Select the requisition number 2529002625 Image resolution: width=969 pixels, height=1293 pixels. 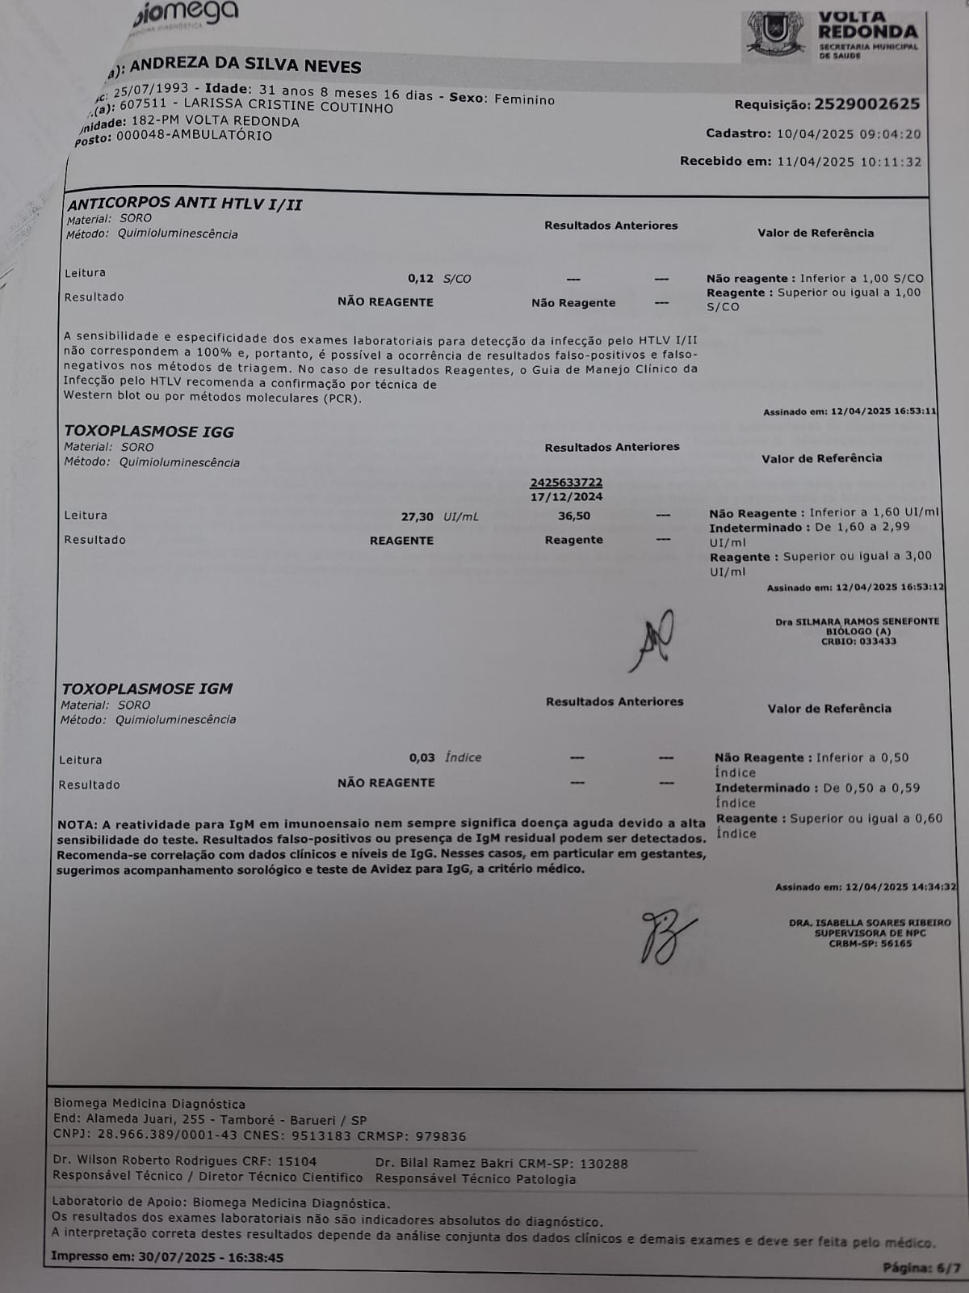coord(867,104)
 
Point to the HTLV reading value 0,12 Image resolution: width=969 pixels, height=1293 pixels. coord(421,279)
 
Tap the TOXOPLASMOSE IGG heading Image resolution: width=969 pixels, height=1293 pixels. coord(149,432)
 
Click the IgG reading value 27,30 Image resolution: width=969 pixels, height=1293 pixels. coord(417,516)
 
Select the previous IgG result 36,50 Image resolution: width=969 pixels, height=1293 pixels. coord(574,516)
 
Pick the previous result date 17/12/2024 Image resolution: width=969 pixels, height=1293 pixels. coord(567,497)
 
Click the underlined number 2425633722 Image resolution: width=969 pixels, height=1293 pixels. coord(566,482)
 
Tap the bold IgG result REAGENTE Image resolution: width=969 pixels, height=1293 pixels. coord(401,541)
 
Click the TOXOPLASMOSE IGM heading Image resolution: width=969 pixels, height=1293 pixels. coord(147,689)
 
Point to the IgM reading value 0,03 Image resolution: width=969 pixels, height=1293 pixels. coord(422,758)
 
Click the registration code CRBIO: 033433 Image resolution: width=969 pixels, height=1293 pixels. coord(858,642)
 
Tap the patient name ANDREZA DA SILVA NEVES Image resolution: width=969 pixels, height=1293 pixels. coord(245,65)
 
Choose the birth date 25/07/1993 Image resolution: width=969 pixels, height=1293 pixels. coord(151,90)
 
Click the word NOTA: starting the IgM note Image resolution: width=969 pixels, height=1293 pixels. coord(78,825)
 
